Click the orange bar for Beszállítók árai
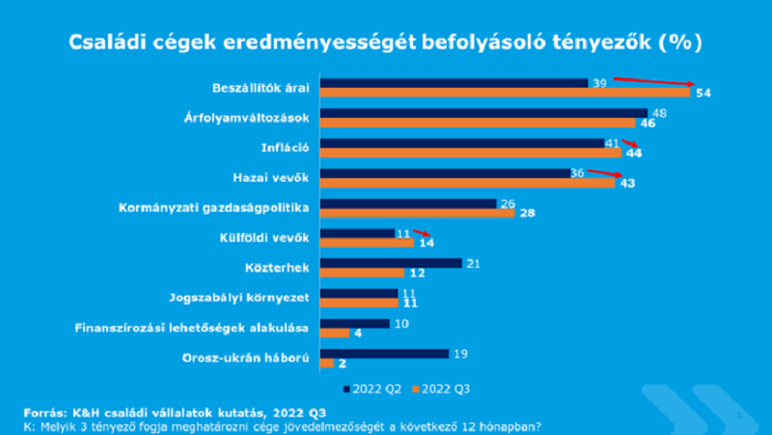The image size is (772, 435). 505,93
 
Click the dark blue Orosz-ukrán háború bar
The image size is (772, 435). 384,353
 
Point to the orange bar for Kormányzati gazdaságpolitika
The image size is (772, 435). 417,213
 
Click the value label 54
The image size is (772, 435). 703,93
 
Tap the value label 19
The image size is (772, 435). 461,353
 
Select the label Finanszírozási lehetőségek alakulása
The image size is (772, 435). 193,328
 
